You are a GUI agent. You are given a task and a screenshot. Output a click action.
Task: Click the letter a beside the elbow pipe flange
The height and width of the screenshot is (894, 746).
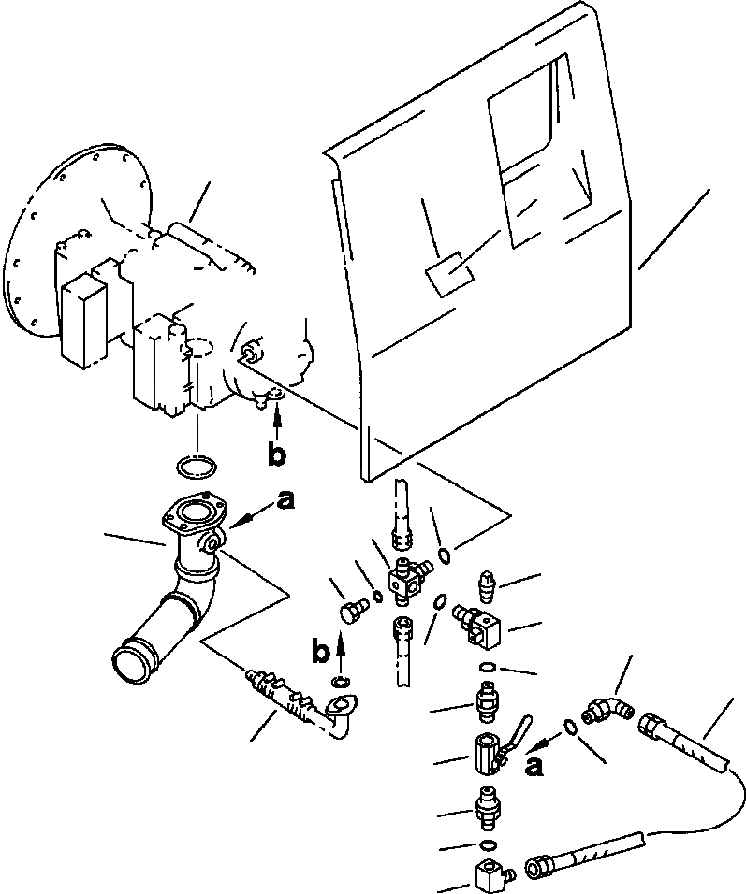click(x=286, y=500)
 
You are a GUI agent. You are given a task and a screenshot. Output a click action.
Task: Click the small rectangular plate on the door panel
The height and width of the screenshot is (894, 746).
click(x=447, y=275)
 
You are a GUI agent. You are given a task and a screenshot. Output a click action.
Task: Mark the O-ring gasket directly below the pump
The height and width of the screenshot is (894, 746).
click(x=196, y=466)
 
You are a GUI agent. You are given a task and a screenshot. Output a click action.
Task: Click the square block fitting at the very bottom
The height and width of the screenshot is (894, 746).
click(x=489, y=877)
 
